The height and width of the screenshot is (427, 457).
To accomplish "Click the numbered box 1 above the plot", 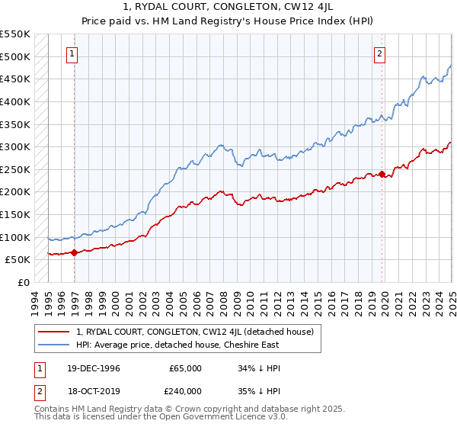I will point(72,53).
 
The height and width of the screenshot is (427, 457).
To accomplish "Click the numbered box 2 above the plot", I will point(379,53).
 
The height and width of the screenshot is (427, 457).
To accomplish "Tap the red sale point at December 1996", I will point(74,252).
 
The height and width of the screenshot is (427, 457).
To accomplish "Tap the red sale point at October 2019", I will point(382,174).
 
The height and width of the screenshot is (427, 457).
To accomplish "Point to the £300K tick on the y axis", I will point(15,146).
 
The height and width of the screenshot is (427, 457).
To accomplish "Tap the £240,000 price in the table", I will point(186,390).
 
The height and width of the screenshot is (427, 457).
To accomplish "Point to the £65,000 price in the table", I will point(186,368).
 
